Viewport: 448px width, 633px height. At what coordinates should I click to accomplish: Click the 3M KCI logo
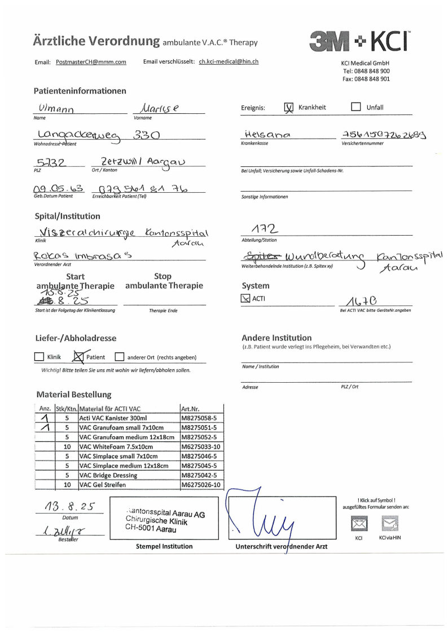[x=359, y=41]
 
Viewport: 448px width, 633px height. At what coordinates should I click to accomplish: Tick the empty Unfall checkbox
[x=355, y=107]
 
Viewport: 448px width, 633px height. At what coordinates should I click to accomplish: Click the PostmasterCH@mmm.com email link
[x=91, y=62]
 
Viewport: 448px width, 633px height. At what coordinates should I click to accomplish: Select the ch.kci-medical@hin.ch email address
[x=229, y=61]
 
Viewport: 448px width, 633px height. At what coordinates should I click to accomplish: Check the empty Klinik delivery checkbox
[x=39, y=357]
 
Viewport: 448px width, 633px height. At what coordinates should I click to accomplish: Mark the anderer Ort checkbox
[x=119, y=357]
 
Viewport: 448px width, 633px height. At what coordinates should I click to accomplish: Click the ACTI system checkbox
[x=245, y=298]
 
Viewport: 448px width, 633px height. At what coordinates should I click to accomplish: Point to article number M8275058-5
[x=201, y=418]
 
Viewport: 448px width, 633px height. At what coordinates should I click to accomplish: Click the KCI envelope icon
[x=359, y=524]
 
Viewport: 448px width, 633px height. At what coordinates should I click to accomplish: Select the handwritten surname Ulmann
[x=56, y=108]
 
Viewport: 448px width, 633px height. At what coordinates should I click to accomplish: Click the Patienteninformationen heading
[x=80, y=91]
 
